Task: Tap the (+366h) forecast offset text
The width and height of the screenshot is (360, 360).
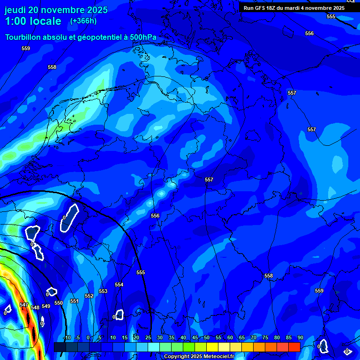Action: pos(83,21)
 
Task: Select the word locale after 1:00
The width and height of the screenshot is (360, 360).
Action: pos(44,21)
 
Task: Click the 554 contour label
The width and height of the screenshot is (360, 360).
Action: pos(119,285)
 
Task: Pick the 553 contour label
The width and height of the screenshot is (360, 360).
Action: pos(103,291)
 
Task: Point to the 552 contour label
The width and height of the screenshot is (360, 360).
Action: pos(89,296)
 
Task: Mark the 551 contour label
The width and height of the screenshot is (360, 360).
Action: pos(74,301)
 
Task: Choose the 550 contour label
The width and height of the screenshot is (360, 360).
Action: pos(59,303)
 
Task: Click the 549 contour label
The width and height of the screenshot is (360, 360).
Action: pos(46,306)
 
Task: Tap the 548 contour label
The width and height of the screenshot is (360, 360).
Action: pos(35,307)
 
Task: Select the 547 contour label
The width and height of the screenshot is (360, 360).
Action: pos(24,305)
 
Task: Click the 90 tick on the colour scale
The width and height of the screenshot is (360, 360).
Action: pos(300,337)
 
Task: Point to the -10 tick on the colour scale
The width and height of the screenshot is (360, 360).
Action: pos(67,337)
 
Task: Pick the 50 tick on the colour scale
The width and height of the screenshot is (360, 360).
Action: pos(207,337)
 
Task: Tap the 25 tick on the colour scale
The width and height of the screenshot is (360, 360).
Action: pos(148,337)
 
